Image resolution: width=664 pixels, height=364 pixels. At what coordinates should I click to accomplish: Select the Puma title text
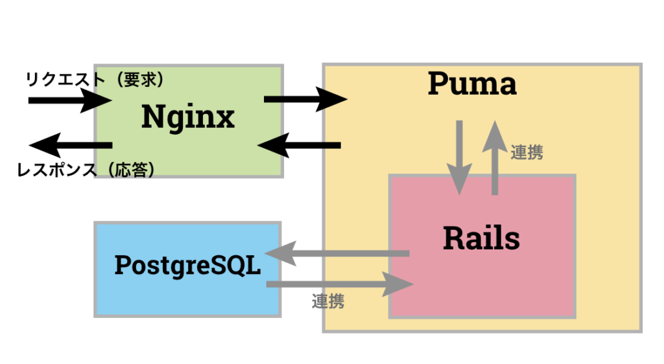(472, 84)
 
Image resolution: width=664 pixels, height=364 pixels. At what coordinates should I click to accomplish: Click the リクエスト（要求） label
(95, 80)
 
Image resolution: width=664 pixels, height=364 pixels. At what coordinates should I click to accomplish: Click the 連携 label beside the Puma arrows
(527, 152)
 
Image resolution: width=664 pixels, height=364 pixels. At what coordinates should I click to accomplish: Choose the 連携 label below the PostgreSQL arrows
(328, 301)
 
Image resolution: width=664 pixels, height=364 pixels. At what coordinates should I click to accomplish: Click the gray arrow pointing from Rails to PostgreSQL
(337, 253)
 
